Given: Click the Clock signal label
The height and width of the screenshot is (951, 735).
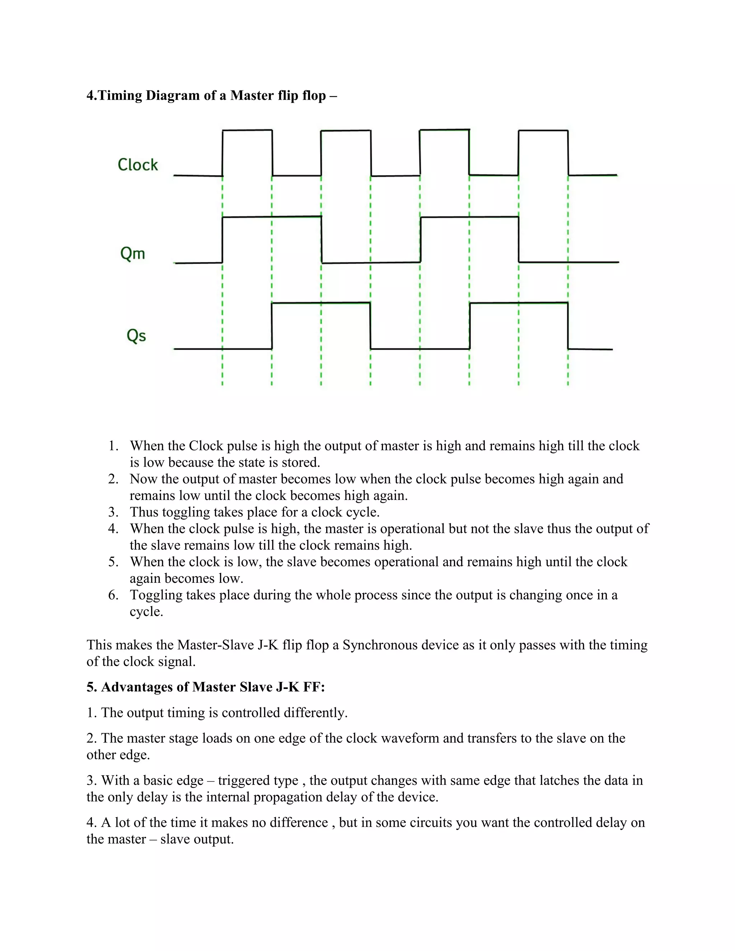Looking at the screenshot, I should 137,165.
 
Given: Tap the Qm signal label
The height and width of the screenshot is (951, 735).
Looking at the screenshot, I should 132,253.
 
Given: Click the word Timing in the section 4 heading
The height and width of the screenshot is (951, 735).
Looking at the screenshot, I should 120,95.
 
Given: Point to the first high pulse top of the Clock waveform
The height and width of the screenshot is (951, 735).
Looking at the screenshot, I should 247,130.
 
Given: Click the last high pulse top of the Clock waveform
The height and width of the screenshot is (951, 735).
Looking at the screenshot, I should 543,130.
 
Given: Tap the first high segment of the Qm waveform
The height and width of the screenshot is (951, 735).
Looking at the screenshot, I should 272,216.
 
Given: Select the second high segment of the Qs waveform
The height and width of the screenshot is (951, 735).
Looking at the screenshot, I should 519,303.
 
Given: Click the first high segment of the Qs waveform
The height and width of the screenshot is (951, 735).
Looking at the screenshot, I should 321,303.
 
